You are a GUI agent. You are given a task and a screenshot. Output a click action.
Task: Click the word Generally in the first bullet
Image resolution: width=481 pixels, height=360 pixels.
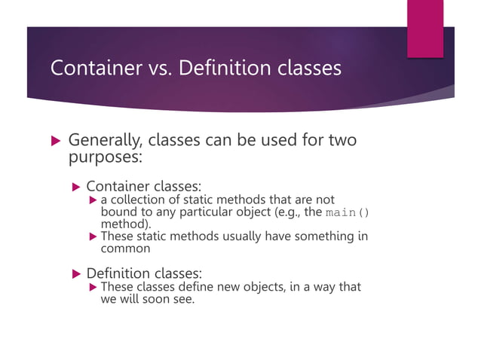pos(104,141)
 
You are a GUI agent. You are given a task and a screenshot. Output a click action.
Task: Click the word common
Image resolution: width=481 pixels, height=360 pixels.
pos(126,249)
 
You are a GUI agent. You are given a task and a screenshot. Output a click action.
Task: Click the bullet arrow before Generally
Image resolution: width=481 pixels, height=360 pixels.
pos(54,142)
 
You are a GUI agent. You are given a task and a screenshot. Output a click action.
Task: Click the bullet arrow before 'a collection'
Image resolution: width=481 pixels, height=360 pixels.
pos(93,200)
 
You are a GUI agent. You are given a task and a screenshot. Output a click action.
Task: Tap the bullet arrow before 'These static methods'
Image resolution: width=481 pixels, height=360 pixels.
pos(93,237)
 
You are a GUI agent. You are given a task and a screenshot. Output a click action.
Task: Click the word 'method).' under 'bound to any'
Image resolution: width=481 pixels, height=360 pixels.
pos(126,224)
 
